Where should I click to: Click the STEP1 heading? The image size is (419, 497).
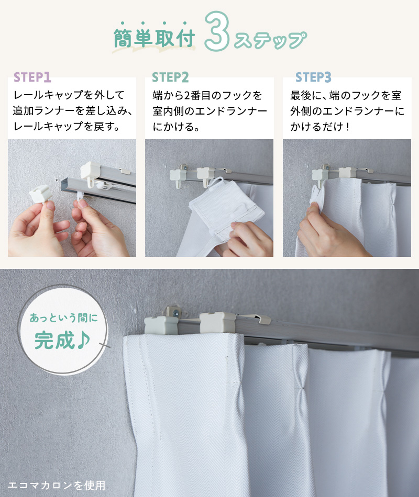[x=32, y=77]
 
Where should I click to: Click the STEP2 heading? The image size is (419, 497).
[x=170, y=77]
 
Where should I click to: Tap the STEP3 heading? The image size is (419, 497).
[x=313, y=77]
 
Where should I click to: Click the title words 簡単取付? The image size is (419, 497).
[x=155, y=39]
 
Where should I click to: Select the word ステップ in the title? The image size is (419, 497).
[x=270, y=40]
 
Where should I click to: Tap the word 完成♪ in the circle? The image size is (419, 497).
[x=62, y=340]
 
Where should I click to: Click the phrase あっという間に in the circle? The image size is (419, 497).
[x=64, y=317]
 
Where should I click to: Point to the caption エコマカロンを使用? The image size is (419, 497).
[x=56, y=485]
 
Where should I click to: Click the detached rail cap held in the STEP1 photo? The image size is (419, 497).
[x=41, y=194]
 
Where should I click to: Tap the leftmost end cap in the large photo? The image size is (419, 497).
[x=161, y=325]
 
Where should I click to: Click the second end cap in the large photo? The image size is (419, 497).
[x=217, y=323]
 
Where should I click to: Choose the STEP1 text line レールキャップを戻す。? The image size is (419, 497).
[x=67, y=126]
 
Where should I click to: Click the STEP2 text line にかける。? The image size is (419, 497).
[x=176, y=127]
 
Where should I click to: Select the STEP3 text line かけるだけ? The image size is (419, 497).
[x=321, y=127]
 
